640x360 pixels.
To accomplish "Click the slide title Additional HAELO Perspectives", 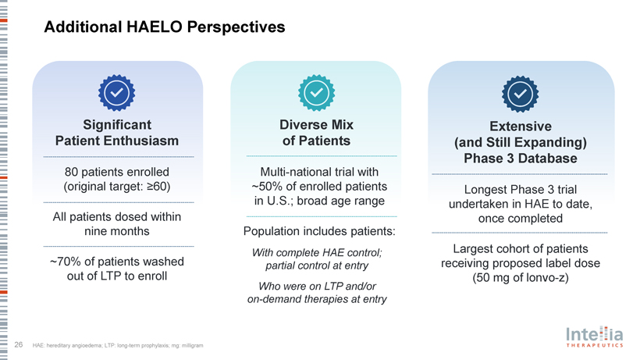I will (165, 27).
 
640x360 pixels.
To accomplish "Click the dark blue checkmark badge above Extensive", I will (519, 93).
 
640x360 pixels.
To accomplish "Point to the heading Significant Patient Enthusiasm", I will (117, 133).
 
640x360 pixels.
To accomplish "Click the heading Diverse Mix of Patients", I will (314, 133).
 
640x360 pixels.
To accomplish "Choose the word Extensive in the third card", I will (520, 126).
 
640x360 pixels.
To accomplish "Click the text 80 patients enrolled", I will (117, 171).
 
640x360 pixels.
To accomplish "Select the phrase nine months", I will (117, 231).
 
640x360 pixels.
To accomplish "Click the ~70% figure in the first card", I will (64, 261).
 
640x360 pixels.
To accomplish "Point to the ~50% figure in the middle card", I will (267, 186).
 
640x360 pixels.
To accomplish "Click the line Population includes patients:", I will (314, 231).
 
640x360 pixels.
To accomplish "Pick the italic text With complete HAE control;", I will (314, 251).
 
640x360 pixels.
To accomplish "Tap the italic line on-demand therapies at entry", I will (314, 299).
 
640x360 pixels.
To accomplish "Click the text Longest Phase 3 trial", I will (520, 189).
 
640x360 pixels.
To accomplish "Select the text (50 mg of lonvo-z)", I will (520, 279).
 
